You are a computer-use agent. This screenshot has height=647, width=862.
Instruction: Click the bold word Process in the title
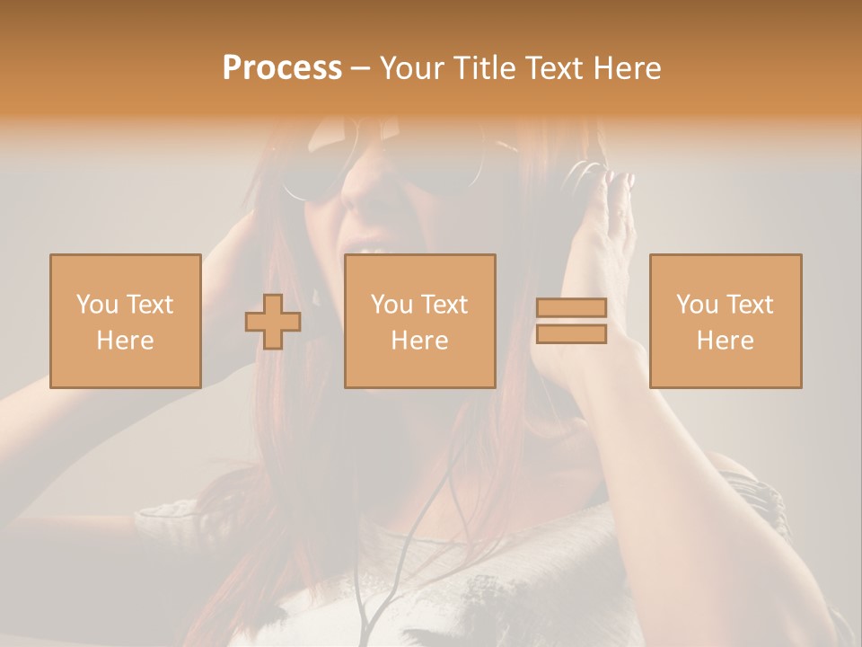(282, 67)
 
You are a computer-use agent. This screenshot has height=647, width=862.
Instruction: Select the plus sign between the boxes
(273, 322)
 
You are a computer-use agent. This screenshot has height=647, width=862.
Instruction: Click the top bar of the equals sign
(571, 308)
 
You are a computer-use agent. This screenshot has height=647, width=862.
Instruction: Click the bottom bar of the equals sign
(571, 334)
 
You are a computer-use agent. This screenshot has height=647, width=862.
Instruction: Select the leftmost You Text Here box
(125, 321)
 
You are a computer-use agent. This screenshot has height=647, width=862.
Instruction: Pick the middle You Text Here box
(419, 321)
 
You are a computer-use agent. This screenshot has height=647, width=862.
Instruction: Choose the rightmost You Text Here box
(726, 321)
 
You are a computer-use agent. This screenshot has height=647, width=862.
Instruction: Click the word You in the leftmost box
(97, 305)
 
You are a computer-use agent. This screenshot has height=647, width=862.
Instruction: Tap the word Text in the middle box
(444, 305)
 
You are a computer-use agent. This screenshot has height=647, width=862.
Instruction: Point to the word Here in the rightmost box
(726, 340)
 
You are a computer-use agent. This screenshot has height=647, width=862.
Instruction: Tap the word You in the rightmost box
(697, 305)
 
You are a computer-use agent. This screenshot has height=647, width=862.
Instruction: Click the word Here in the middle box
(419, 340)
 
